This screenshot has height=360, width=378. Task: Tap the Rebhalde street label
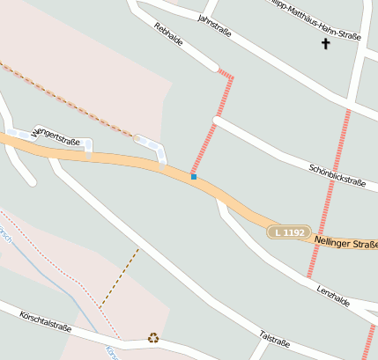(x=167, y=38)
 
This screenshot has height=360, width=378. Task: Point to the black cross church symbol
(x=326, y=42)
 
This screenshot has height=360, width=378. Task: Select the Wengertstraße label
(x=57, y=138)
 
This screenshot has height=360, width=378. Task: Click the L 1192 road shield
(x=289, y=232)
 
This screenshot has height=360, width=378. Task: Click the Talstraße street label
(x=275, y=340)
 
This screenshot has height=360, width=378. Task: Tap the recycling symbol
(x=153, y=337)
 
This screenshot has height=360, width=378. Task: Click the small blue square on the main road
(x=193, y=177)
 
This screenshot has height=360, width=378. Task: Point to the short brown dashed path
(x=119, y=278)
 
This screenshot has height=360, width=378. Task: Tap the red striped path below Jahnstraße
(x=211, y=127)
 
